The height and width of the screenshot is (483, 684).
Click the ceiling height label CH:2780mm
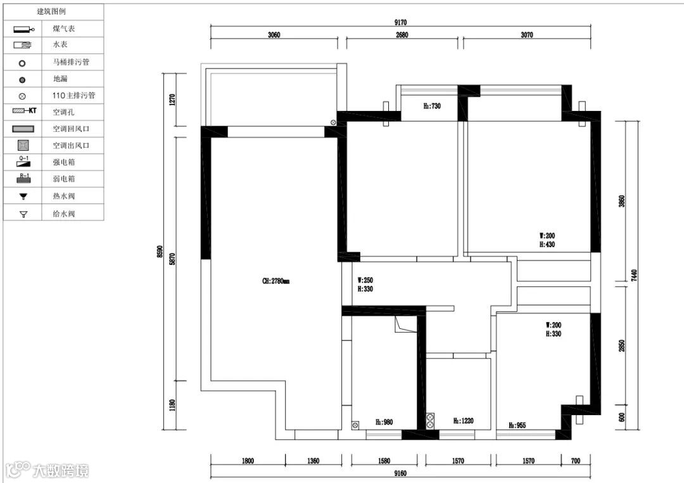point(275,281)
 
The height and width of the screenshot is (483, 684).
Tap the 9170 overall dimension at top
point(400,23)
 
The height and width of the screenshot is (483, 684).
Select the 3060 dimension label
point(274,35)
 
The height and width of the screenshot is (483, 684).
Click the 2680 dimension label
point(402,35)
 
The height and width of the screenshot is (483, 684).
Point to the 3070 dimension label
point(527,35)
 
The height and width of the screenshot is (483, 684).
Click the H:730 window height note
point(433,106)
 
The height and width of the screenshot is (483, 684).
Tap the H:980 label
point(384,422)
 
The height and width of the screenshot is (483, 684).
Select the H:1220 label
point(463,420)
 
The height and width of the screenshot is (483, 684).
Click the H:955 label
point(517,425)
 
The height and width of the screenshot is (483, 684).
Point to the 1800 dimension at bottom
point(248,461)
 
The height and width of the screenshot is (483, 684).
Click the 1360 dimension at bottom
point(313,461)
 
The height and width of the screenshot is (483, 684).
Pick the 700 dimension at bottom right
point(576,461)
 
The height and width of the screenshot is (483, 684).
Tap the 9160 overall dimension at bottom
point(400,473)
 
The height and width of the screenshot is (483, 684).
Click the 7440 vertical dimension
point(634,275)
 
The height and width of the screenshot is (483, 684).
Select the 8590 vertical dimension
point(160,252)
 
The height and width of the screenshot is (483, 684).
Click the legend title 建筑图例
point(51,11)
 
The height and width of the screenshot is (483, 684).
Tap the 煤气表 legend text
point(64,29)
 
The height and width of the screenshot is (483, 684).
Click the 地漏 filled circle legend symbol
point(22,80)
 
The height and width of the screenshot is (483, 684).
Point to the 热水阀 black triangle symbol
point(23,196)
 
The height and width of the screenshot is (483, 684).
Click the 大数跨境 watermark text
point(61,471)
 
